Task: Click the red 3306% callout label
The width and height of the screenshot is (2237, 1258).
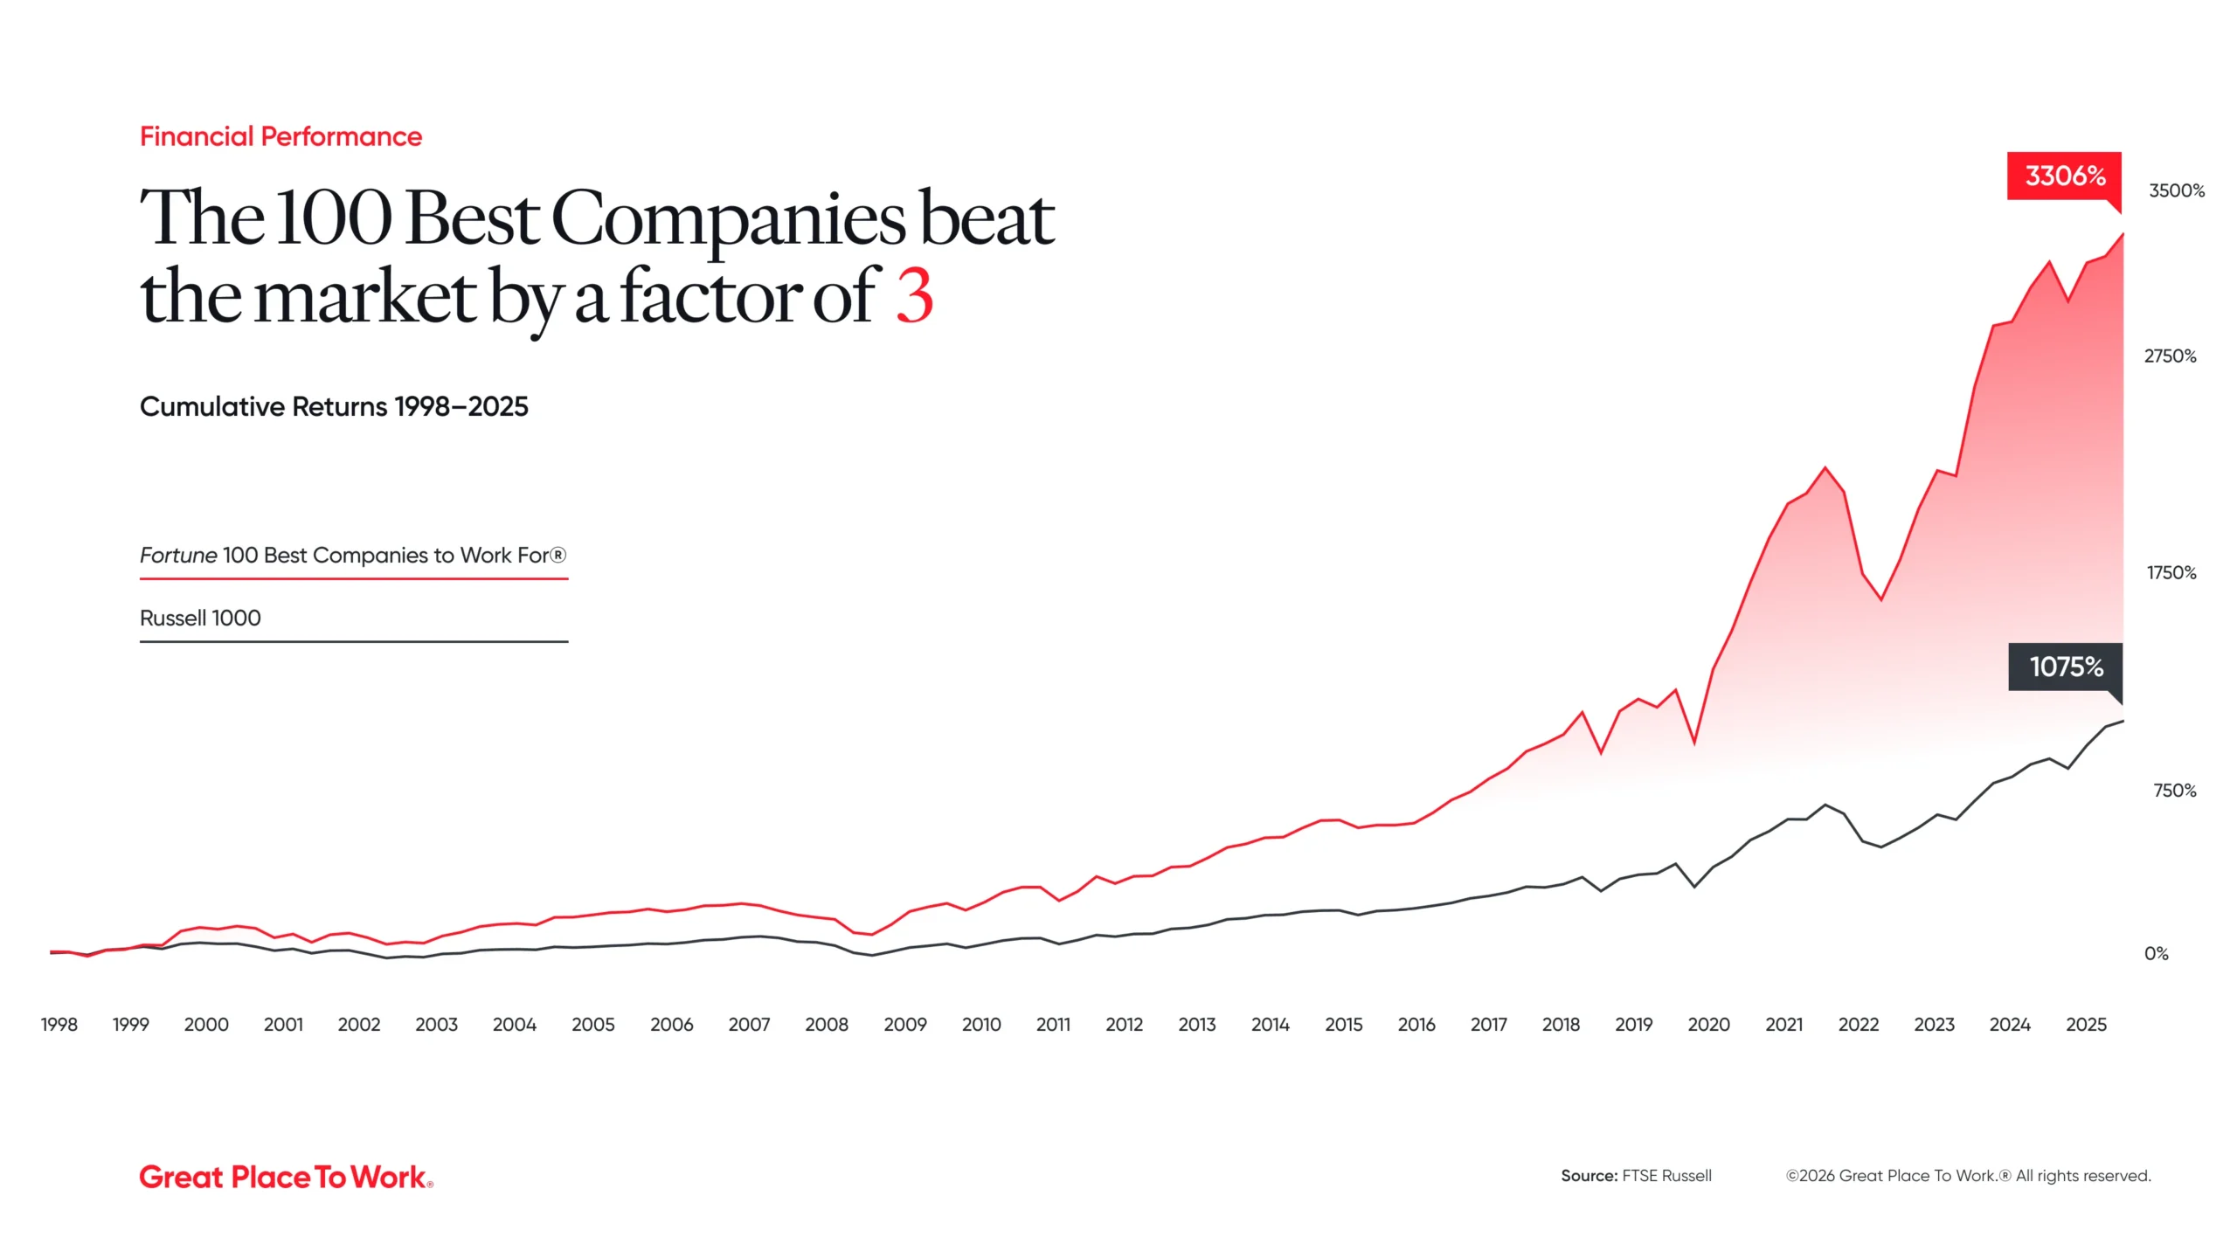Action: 2064,176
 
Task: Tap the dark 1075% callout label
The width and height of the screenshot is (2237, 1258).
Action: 2065,667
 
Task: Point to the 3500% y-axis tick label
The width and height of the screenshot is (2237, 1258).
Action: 2176,191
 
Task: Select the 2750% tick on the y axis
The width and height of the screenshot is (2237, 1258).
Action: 2170,356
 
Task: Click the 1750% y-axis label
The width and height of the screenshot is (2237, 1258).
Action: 2171,573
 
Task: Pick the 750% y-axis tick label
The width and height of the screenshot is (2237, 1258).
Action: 2174,791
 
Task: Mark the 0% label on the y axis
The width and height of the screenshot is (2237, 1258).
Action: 2156,954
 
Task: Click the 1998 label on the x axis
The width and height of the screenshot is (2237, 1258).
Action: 59,1025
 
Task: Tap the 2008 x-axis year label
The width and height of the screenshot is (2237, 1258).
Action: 826,1025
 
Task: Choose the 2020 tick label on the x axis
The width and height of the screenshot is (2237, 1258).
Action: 1708,1025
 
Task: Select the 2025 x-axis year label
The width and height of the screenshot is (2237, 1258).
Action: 2086,1025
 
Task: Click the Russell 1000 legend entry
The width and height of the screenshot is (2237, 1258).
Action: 200,619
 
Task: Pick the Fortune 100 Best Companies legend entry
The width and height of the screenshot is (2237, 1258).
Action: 353,556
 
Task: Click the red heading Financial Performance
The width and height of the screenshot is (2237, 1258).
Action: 280,137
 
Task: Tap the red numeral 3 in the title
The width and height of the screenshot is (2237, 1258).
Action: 914,297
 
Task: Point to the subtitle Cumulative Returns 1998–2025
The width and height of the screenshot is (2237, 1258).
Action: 334,407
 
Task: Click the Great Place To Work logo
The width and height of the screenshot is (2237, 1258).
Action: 286,1177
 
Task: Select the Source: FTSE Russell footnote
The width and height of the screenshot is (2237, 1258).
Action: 1636,1176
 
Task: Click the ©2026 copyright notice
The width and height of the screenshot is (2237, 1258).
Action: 1968,1176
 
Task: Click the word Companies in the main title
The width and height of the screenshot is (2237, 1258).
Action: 729,220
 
